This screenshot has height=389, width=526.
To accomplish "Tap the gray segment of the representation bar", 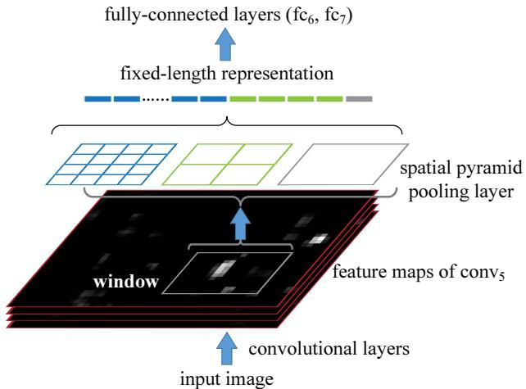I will [x=359, y=99].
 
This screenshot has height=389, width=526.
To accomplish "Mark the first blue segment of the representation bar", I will [x=97, y=99].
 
